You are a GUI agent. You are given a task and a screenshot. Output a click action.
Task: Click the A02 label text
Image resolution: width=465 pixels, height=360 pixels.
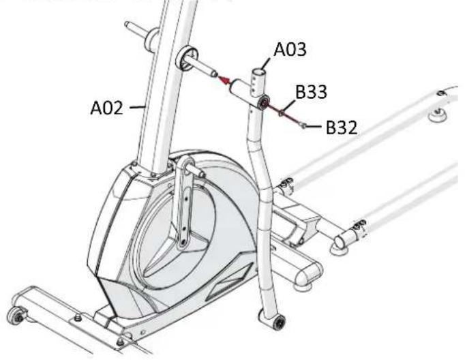tap(108, 106)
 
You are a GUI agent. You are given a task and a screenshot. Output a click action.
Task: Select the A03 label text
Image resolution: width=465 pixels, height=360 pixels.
tap(290, 49)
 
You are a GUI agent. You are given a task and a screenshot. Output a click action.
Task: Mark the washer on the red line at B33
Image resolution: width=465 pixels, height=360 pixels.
tap(281, 111)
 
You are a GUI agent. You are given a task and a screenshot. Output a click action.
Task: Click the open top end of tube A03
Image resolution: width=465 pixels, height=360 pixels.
tap(261, 70)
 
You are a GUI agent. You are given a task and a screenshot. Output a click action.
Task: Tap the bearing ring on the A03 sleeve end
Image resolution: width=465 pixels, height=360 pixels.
tap(262, 102)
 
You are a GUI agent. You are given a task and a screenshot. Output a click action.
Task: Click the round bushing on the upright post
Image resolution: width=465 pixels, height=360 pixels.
tap(185, 58)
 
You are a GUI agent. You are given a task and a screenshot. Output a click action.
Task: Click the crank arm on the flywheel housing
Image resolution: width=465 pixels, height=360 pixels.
tap(182, 205)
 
